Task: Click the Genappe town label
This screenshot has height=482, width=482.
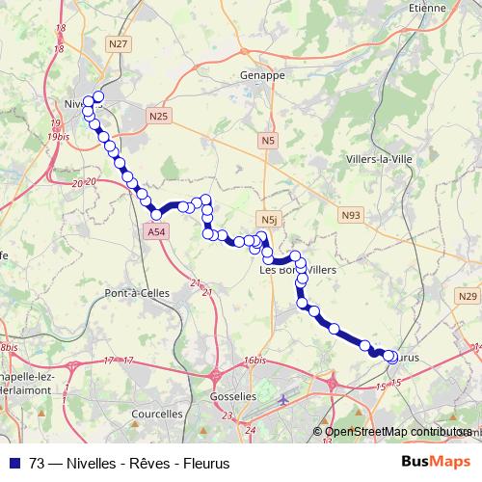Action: click(260, 74)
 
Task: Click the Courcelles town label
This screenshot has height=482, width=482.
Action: click(156, 414)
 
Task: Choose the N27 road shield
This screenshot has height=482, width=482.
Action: click(120, 43)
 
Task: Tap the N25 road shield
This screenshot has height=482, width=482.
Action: click(159, 116)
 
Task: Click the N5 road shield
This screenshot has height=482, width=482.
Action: click(267, 142)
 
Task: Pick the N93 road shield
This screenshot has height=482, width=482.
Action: click(350, 218)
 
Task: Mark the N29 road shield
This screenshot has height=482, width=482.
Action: click(468, 296)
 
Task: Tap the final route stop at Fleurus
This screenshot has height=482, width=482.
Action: click(390, 357)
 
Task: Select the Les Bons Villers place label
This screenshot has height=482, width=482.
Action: click(299, 271)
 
